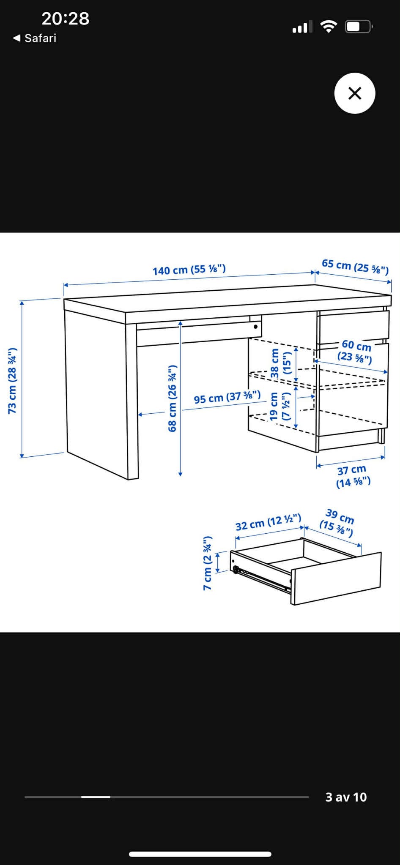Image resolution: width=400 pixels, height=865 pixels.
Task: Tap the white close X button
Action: click(355, 93)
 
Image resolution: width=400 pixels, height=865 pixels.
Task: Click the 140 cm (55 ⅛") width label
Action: click(189, 270)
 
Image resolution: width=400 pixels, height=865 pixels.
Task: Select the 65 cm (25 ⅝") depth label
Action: click(355, 266)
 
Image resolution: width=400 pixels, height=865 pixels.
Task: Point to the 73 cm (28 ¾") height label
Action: click(12, 381)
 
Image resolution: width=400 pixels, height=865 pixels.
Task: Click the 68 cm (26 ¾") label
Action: click(172, 398)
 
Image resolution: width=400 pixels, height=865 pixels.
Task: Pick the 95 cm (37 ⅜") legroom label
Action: click(227, 397)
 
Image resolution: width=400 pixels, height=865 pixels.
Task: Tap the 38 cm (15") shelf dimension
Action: click(280, 363)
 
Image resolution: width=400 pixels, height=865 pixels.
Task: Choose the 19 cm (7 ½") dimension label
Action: click(280, 406)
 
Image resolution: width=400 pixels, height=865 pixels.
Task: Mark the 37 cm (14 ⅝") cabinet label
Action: click(353, 476)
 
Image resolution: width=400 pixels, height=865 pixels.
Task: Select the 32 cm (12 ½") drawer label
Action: click(268, 522)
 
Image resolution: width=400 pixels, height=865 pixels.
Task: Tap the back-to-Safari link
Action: click(35, 38)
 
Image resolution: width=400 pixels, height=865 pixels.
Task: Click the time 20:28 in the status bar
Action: click(66, 19)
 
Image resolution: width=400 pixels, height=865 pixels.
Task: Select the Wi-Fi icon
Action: click(328, 27)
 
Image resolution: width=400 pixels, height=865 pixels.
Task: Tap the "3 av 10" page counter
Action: click(346, 797)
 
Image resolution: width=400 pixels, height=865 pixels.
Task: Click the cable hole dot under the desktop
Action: click(255, 327)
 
